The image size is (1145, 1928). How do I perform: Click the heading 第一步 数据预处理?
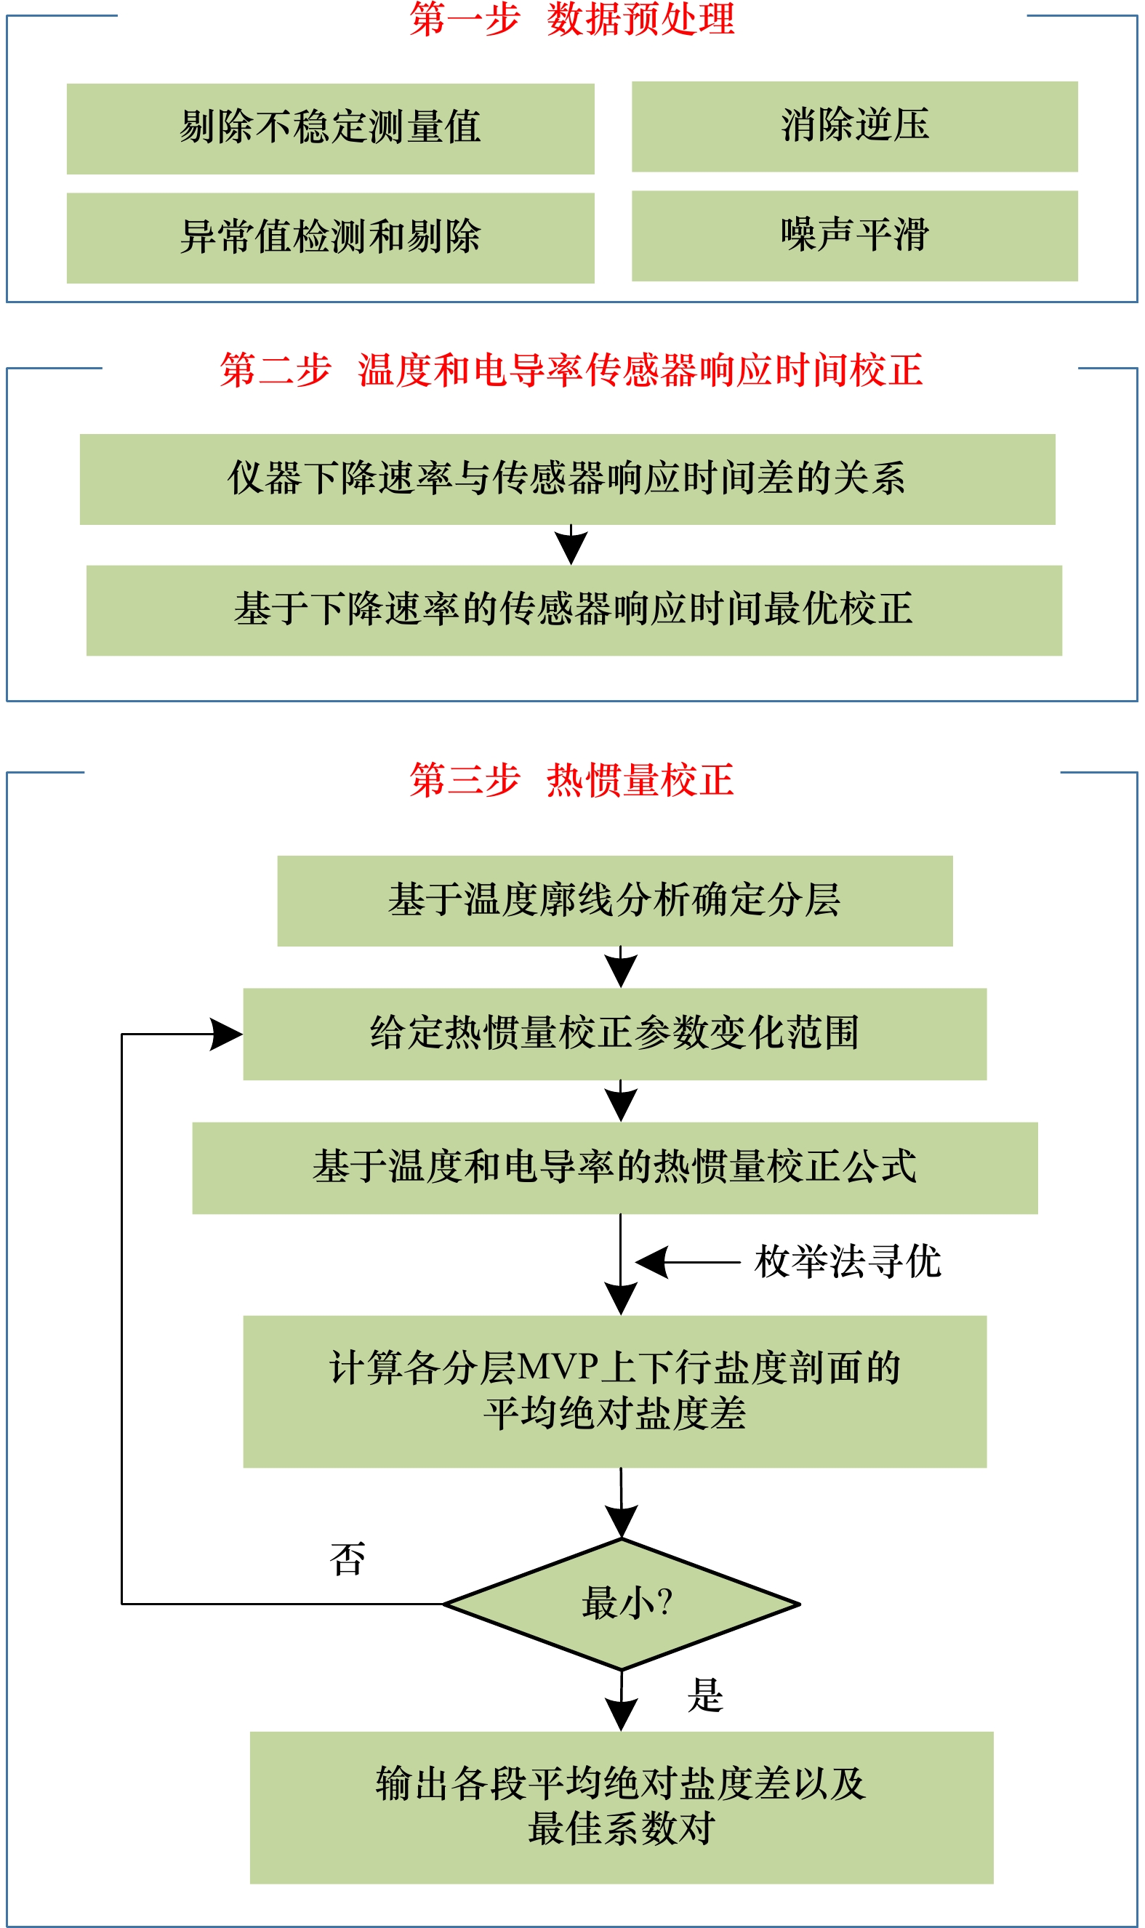click(x=571, y=20)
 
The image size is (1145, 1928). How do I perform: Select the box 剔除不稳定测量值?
click(x=330, y=129)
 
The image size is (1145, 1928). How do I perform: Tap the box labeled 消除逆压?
click(x=855, y=126)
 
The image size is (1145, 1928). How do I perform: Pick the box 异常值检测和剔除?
click(x=330, y=238)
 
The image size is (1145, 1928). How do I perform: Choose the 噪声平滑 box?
click(x=855, y=236)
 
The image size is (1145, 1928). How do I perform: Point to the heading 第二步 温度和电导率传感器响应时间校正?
click(x=571, y=370)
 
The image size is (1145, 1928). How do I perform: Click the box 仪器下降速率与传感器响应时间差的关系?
click(x=568, y=479)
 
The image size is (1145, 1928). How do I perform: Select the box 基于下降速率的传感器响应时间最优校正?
click(x=574, y=610)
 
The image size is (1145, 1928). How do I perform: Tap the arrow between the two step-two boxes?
click(x=571, y=545)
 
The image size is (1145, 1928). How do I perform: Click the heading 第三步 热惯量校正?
click(x=571, y=780)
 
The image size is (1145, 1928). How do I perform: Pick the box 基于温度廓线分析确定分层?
click(x=615, y=901)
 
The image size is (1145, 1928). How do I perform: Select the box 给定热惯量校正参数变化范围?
click(x=615, y=1035)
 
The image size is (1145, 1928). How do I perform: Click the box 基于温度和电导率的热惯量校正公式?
click(x=615, y=1168)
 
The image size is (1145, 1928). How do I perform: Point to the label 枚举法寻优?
click(x=848, y=1262)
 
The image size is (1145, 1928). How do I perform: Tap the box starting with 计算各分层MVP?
click(x=615, y=1391)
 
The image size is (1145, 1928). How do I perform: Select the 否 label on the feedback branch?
click(x=347, y=1559)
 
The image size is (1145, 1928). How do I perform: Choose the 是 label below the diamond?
click(x=705, y=1696)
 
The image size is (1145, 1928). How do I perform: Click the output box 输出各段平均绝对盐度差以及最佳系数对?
click(x=622, y=1807)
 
